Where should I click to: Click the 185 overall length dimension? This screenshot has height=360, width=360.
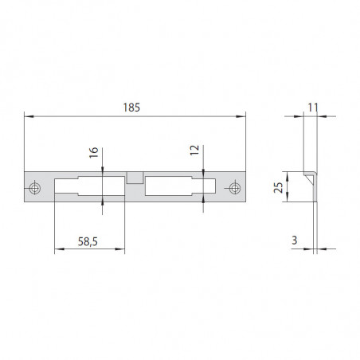click(x=131, y=108)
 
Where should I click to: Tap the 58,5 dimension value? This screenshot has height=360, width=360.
click(x=88, y=241)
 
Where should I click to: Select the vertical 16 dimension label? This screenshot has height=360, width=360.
click(x=94, y=153)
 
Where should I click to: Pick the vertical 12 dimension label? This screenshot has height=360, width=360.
click(x=194, y=150)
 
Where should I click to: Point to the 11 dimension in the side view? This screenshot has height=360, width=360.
click(x=313, y=108)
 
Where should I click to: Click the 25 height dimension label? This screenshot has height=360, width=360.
click(x=279, y=188)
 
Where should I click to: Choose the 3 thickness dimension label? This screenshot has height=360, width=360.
click(x=294, y=241)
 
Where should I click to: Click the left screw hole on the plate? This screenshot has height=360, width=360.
click(x=34, y=188)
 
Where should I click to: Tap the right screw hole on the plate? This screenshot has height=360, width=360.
click(x=234, y=188)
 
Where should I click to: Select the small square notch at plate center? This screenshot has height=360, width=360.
click(x=135, y=178)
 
